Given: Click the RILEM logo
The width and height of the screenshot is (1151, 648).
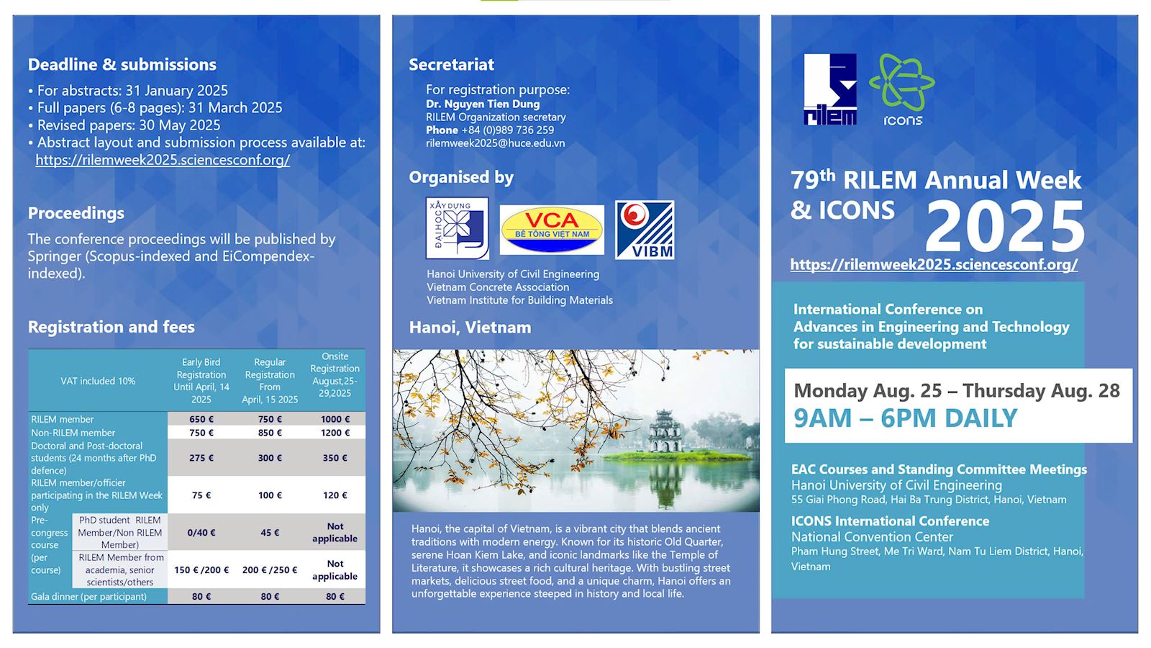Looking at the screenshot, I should (x=830, y=89).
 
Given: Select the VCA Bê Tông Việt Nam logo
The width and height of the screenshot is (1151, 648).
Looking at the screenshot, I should (x=552, y=229).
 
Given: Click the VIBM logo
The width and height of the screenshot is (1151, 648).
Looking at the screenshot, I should (x=645, y=230).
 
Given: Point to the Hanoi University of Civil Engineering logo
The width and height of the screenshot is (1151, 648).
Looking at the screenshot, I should (x=457, y=228).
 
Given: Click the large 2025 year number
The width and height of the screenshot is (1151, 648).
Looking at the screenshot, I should (x=1005, y=226).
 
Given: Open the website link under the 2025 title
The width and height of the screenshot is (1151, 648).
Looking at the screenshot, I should (x=934, y=264).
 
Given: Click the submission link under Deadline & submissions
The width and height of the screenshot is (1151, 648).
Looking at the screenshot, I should (x=163, y=160).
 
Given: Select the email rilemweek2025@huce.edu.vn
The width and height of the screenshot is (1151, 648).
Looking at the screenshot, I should (x=495, y=143).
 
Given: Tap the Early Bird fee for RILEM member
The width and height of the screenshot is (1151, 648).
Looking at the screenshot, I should (x=201, y=419).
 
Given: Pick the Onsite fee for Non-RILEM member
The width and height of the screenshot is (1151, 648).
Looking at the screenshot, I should (x=335, y=433).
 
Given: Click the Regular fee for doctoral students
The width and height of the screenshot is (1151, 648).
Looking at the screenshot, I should (x=270, y=458).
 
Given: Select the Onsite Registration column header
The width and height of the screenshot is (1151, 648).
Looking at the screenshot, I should (x=335, y=374).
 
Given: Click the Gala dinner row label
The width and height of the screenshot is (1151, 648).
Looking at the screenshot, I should (x=89, y=596).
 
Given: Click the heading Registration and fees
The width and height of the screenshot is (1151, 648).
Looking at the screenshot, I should (x=112, y=327).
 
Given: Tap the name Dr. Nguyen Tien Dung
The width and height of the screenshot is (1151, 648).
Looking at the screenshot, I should (x=483, y=104).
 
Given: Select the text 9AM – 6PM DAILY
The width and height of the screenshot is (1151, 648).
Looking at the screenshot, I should (x=906, y=418).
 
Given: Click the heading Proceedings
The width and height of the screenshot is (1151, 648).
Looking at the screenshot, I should (x=76, y=213).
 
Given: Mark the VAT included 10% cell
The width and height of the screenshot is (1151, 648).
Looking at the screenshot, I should (x=98, y=381).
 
